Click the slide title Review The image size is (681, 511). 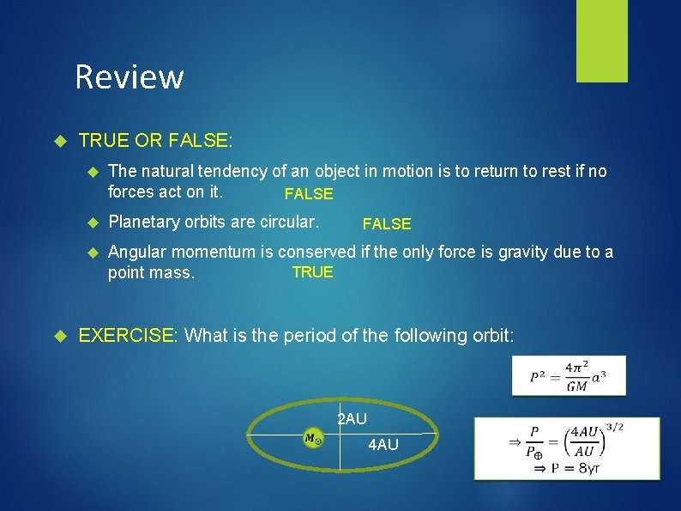click(x=130, y=76)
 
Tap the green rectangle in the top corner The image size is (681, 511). click(x=601, y=40)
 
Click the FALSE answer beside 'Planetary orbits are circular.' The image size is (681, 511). click(x=387, y=224)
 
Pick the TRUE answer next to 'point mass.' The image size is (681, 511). click(x=312, y=272)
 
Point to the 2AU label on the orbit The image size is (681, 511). click(x=352, y=419)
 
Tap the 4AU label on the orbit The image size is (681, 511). click(x=383, y=445)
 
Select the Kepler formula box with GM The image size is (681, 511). click(x=568, y=375)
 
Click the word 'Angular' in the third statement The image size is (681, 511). click(x=136, y=252)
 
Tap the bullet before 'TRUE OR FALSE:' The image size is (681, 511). click(x=60, y=139)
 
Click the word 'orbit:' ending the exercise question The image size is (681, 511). click(x=491, y=335)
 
